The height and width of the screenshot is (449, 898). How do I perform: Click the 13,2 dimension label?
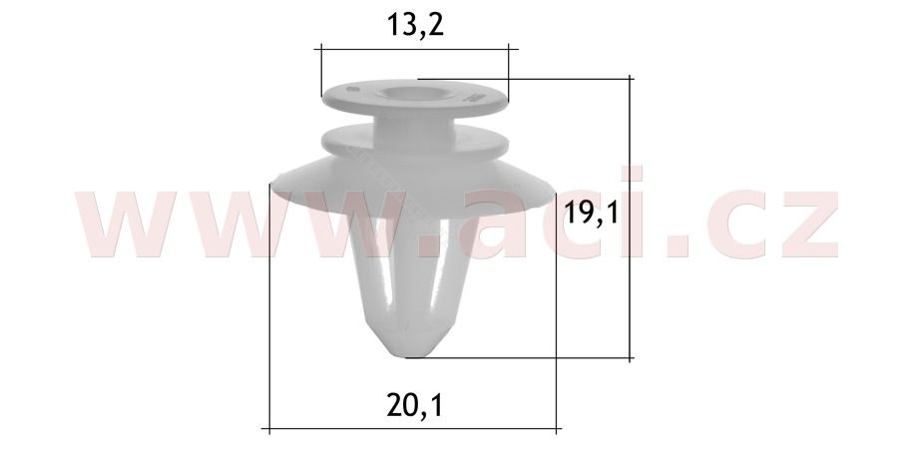[x=415, y=25]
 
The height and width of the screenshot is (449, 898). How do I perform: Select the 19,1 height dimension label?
[x=592, y=214]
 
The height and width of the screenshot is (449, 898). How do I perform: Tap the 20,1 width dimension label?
[x=415, y=406]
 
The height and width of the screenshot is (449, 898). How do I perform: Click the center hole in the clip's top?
[x=408, y=93]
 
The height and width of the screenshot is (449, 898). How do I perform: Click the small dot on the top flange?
[x=352, y=89]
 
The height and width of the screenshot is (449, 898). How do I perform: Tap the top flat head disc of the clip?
[x=415, y=99]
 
